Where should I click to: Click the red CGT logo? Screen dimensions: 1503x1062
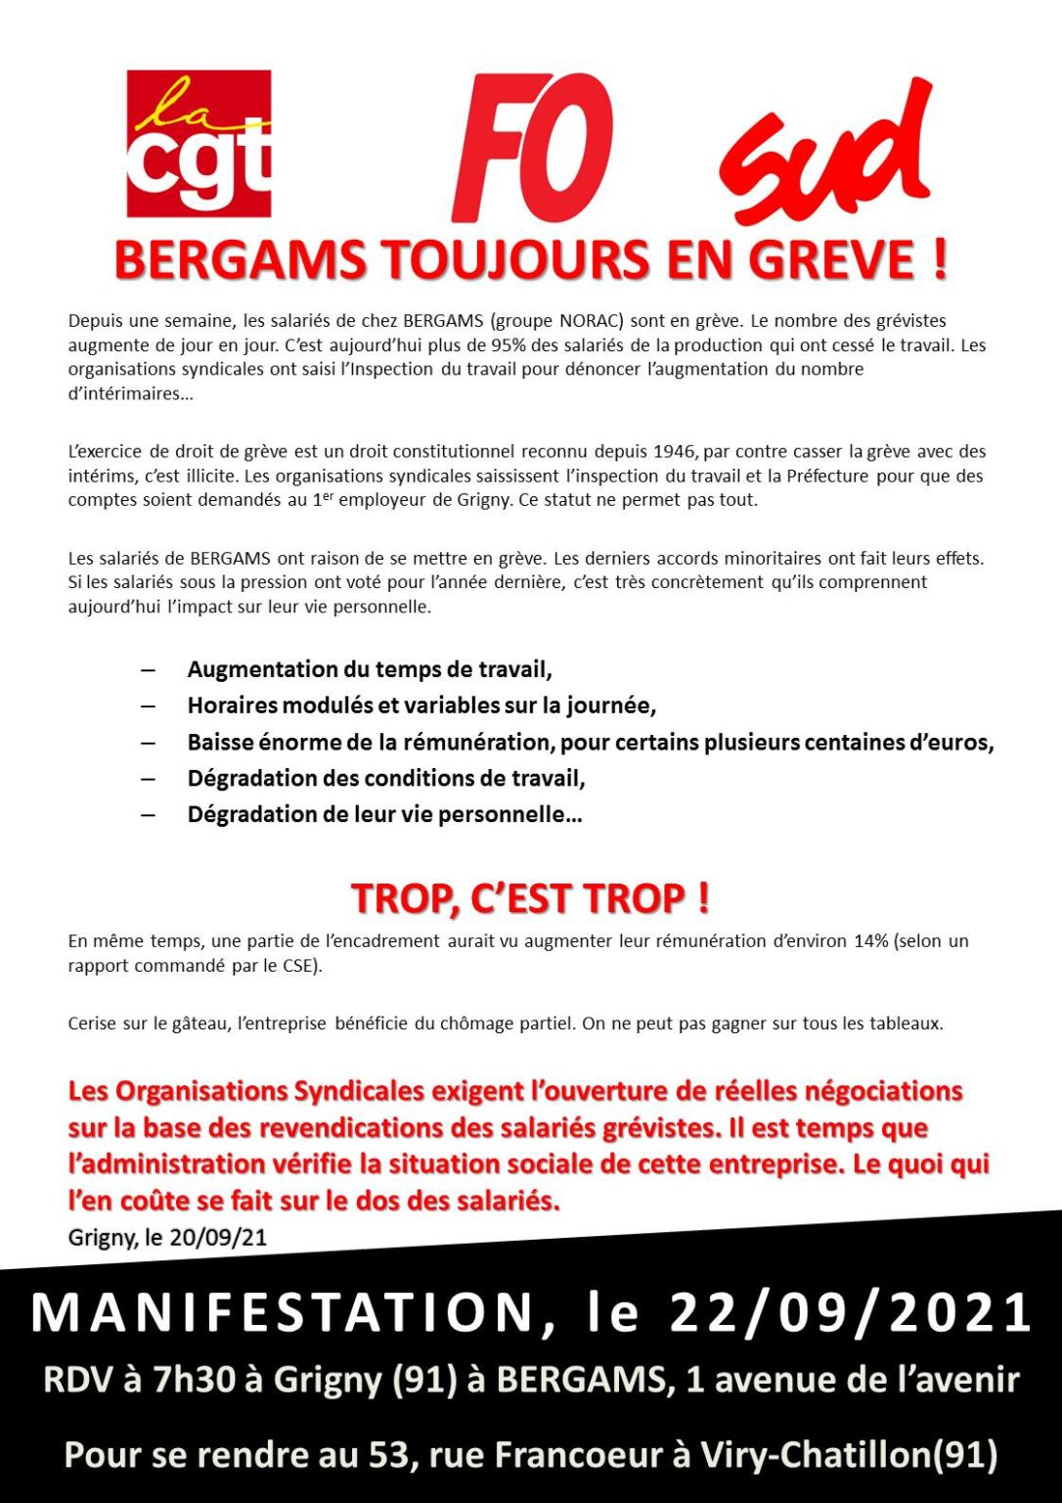point(199,143)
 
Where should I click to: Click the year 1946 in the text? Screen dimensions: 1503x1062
point(675,451)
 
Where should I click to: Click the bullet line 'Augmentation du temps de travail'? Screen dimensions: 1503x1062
point(370,669)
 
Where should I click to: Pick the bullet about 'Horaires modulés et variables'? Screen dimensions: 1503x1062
point(420,706)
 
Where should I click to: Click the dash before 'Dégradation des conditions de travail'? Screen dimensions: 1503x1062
point(148,779)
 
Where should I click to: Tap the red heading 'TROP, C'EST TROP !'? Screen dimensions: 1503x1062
point(530,898)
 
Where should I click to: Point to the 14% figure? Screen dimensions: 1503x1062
point(870,940)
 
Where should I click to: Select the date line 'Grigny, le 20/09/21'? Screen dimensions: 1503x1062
point(167,1237)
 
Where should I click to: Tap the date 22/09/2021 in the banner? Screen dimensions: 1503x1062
point(851,1313)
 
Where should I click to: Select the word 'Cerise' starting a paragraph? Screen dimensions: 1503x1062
point(92,1024)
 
